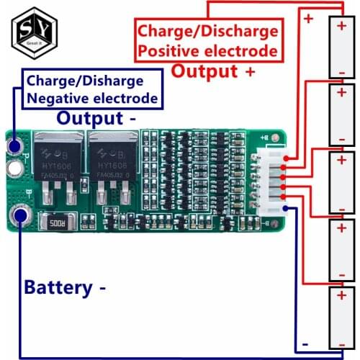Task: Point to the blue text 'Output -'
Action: pyautogui.click(x=98, y=117)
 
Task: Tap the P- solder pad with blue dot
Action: pyautogui.click(x=14, y=148)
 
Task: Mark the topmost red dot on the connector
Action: pyautogui.click(x=287, y=157)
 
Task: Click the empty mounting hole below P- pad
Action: pyautogui.click(x=14, y=169)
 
